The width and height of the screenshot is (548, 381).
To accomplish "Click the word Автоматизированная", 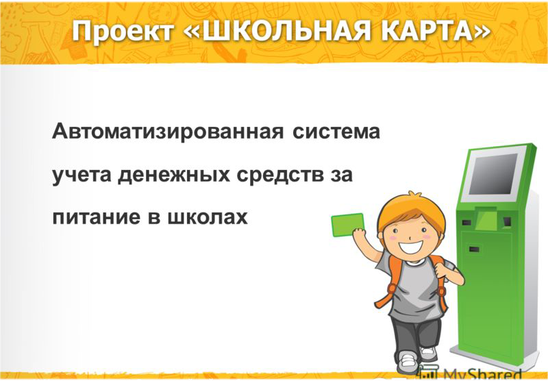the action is point(168,132).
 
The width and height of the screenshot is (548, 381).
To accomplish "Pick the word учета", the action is point(82,175).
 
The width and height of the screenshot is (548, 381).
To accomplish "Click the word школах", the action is point(208,217).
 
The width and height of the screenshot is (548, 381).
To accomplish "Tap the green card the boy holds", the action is point(348,225).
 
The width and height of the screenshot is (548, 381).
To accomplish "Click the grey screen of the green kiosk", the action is point(493,174).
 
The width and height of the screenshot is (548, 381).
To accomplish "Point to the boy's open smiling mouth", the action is point(411,247).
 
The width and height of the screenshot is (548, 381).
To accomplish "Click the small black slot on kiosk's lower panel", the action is point(474,249).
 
